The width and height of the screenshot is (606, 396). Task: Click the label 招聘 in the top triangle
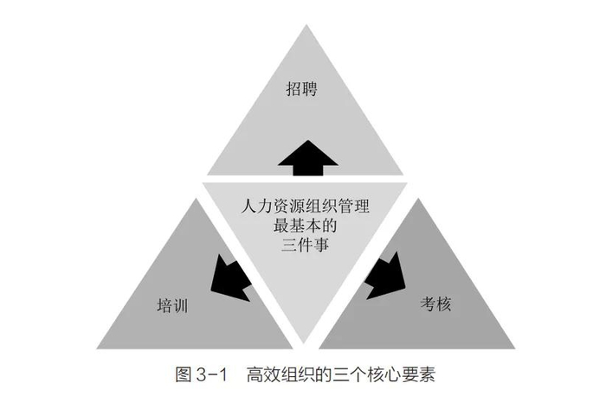pos(302,89)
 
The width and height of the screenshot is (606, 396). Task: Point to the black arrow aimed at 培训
pos(231,275)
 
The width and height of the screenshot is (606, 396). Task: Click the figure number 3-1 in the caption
pos(210,375)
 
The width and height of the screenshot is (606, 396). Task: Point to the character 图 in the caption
pos(183,375)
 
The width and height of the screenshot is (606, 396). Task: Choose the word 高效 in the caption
pos(262,375)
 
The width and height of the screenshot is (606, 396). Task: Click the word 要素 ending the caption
pos(417,375)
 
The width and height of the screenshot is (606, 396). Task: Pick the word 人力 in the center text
pos(254,208)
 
